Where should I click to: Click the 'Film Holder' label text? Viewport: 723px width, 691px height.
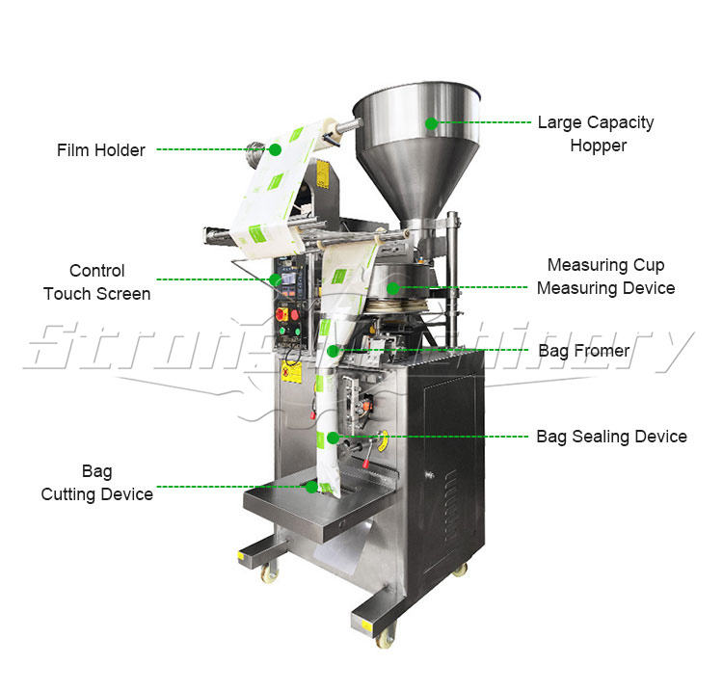101,150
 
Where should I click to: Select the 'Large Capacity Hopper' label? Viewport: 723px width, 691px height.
595,134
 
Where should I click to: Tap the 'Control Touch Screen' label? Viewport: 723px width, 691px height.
96,281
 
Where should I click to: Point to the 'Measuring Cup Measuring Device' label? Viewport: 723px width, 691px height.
605,276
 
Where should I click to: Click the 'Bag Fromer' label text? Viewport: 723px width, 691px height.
584,351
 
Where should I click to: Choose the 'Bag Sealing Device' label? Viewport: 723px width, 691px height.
611,437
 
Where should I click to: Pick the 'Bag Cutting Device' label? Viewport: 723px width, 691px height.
96,483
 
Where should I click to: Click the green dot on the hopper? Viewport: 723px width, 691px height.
431,123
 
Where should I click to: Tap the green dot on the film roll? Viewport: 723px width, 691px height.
275,150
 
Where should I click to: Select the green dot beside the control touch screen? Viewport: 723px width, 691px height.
276,279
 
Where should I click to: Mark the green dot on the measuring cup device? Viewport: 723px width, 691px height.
391,286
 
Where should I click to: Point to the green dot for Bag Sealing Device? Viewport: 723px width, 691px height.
334,437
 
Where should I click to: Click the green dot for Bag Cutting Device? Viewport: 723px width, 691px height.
310,487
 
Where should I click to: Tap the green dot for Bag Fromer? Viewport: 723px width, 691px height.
334,352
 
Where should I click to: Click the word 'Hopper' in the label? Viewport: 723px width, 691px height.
598,146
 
